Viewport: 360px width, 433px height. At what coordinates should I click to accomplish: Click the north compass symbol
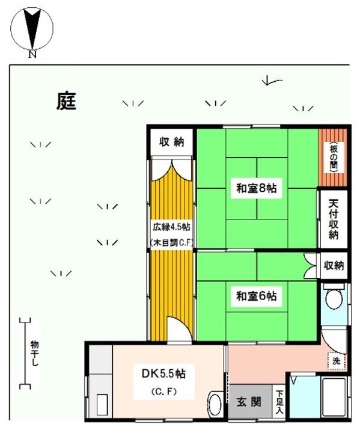pyautogui.click(x=32, y=28)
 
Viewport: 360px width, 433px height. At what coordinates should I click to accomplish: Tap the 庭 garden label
pyautogui.click(x=66, y=101)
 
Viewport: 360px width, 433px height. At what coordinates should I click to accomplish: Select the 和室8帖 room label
pyautogui.click(x=257, y=187)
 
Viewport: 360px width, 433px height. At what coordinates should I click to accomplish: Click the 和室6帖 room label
pyautogui.click(x=257, y=296)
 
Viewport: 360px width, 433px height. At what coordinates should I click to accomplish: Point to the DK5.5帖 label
pyautogui.click(x=163, y=373)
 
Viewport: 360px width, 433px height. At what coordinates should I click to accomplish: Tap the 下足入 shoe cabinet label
pyautogui.click(x=279, y=402)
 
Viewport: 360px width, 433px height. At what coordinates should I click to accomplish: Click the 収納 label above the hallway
pyautogui.click(x=171, y=142)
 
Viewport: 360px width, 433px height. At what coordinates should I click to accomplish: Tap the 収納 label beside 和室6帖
pyautogui.click(x=334, y=265)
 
